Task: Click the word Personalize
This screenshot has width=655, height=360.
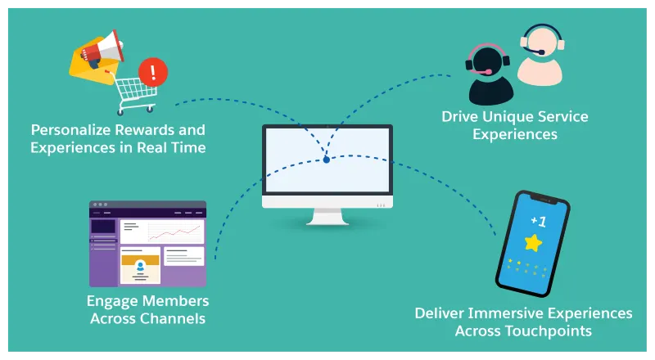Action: click(73, 130)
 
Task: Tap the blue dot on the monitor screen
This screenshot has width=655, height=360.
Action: click(326, 160)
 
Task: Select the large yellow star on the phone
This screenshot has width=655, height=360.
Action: click(534, 242)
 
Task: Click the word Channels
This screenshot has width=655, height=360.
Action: click(175, 318)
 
